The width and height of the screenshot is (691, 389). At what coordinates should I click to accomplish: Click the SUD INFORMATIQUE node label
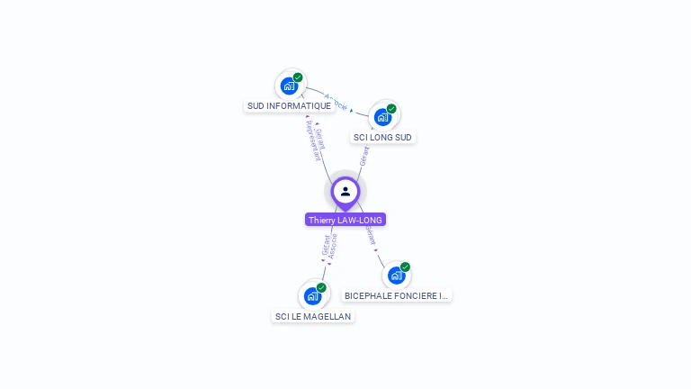tap(289, 106)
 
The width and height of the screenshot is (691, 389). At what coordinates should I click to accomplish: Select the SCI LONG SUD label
tap(382, 138)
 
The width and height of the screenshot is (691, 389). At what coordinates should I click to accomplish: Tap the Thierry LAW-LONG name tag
tap(345, 220)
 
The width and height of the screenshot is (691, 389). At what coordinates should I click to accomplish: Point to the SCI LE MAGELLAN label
tap(313, 316)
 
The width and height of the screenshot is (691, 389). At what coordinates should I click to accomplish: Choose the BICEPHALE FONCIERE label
tap(396, 295)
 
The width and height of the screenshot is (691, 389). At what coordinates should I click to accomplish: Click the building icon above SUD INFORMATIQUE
tap(289, 86)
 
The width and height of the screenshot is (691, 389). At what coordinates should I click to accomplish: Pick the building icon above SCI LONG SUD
tap(382, 117)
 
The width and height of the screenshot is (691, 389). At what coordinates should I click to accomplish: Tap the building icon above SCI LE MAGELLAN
tap(312, 295)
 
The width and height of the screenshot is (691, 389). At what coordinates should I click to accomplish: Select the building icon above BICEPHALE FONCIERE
tap(396, 276)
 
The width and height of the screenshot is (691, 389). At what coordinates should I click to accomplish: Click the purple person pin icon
tap(345, 192)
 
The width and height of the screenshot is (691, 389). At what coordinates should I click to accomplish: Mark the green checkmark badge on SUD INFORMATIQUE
tap(298, 77)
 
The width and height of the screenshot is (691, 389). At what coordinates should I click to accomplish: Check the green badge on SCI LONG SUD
tap(391, 108)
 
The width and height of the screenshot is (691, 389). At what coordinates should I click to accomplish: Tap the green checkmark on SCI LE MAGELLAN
tap(321, 287)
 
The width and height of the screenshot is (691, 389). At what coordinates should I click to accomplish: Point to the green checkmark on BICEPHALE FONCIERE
tap(405, 267)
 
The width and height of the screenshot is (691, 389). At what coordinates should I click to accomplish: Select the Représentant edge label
tap(313, 145)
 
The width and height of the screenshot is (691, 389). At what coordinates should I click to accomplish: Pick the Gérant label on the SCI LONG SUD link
tap(364, 155)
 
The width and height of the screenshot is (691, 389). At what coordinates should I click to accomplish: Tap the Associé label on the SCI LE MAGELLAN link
tap(333, 248)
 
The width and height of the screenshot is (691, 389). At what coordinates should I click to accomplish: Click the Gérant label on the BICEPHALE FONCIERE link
tap(370, 235)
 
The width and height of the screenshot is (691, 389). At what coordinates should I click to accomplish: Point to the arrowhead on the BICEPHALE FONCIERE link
tap(376, 249)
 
